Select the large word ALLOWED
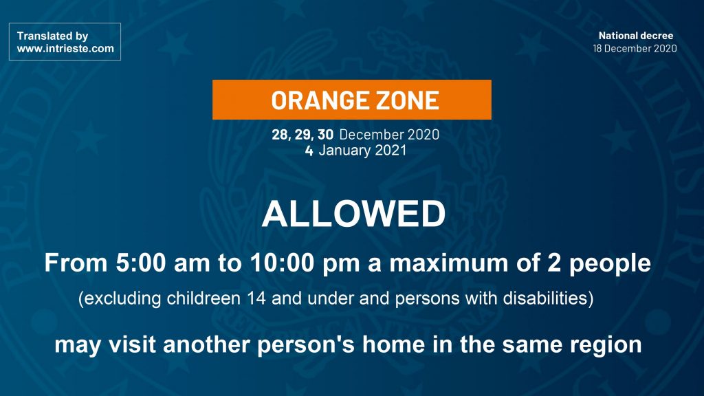(x=354, y=214)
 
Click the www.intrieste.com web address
(x=65, y=49)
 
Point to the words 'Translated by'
(x=52, y=36)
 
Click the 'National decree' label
(x=636, y=36)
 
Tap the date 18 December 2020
(x=635, y=49)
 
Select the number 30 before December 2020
(x=325, y=134)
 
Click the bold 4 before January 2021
(x=309, y=151)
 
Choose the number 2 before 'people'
(x=554, y=263)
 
